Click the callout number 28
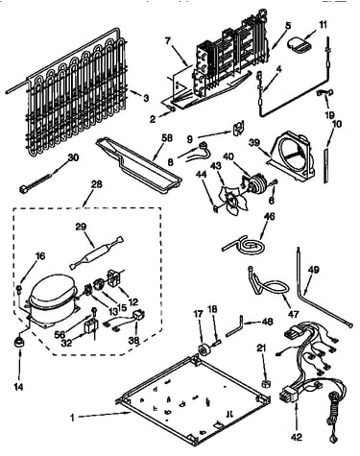[x=96, y=184]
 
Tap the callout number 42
[x=297, y=437]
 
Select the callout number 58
[x=167, y=138]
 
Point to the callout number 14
[x=18, y=387]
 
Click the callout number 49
[x=314, y=270]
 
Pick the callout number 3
[x=146, y=98]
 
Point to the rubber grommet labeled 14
[x=19, y=343]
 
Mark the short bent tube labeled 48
[x=235, y=327]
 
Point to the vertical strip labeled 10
[x=325, y=165]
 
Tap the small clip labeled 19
[x=324, y=92]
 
